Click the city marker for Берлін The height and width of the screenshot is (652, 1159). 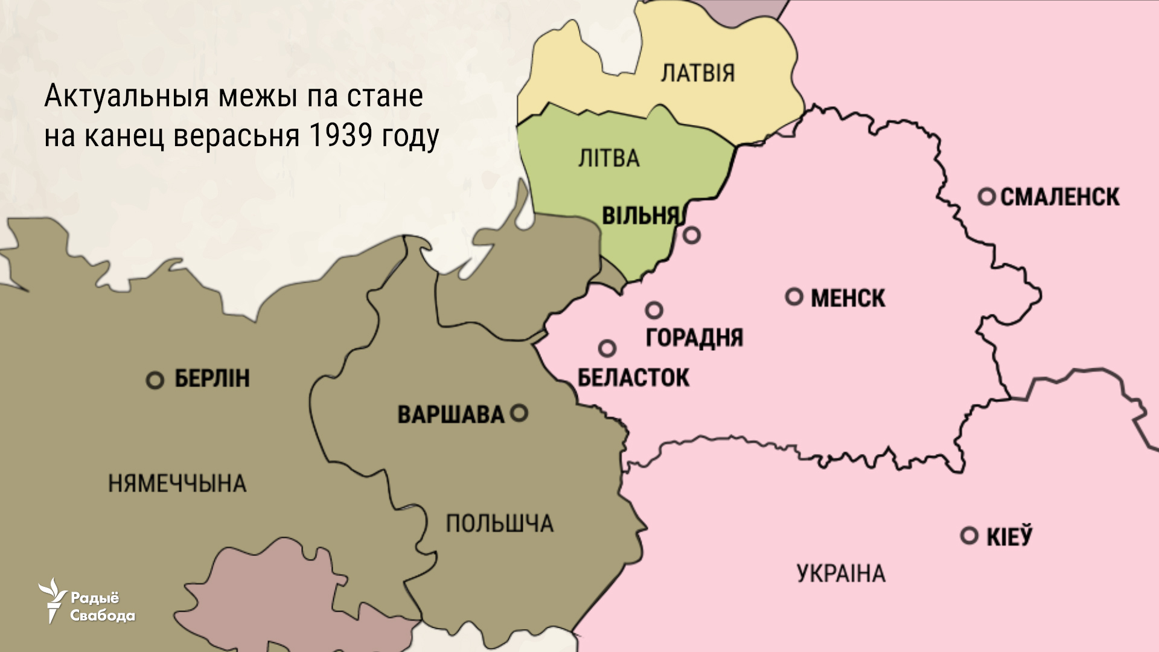click(155, 380)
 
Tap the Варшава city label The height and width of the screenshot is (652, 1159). click(450, 415)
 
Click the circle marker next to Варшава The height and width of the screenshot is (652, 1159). click(519, 413)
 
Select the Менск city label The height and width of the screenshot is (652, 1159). click(848, 298)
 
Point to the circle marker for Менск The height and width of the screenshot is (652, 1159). click(794, 296)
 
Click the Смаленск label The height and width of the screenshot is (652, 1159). click(1059, 197)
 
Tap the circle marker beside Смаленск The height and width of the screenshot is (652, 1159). click(986, 196)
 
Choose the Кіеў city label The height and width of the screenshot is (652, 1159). click(1009, 537)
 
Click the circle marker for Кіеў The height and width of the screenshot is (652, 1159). click(969, 535)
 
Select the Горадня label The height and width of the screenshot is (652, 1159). click(694, 337)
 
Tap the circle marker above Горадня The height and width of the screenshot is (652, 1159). click(654, 310)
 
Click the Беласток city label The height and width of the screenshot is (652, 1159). click(633, 378)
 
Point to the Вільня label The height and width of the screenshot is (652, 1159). click(640, 216)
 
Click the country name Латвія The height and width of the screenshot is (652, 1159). click(698, 73)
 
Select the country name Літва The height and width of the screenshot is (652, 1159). click(608, 159)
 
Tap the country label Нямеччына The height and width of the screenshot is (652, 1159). click(177, 484)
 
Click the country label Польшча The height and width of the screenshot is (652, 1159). click(499, 523)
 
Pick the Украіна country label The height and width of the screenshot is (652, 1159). click(841, 573)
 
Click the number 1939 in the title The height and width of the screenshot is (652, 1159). click(340, 136)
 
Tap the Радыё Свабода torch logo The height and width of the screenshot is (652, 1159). click(53, 599)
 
